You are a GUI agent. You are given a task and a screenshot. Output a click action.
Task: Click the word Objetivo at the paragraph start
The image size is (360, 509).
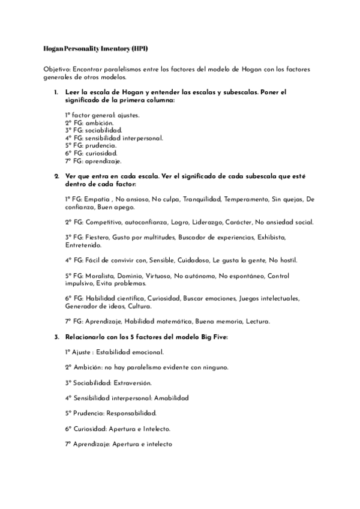(x=57, y=70)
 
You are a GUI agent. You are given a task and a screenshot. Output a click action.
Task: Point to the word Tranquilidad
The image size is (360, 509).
(x=201, y=199)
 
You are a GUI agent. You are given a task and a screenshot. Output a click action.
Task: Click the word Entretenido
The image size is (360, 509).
(x=83, y=245)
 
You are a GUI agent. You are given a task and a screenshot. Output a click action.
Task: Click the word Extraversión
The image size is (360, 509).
(x=134, y=382)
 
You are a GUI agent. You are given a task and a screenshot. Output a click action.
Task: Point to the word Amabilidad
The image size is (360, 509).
(x=171, y=398)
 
